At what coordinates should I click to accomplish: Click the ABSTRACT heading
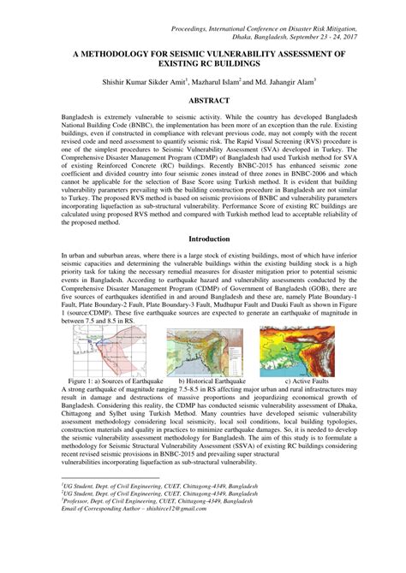pos(203,100)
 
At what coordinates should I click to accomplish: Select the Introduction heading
pos(203,239)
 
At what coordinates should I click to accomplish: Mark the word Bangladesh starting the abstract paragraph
pos(81,115)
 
